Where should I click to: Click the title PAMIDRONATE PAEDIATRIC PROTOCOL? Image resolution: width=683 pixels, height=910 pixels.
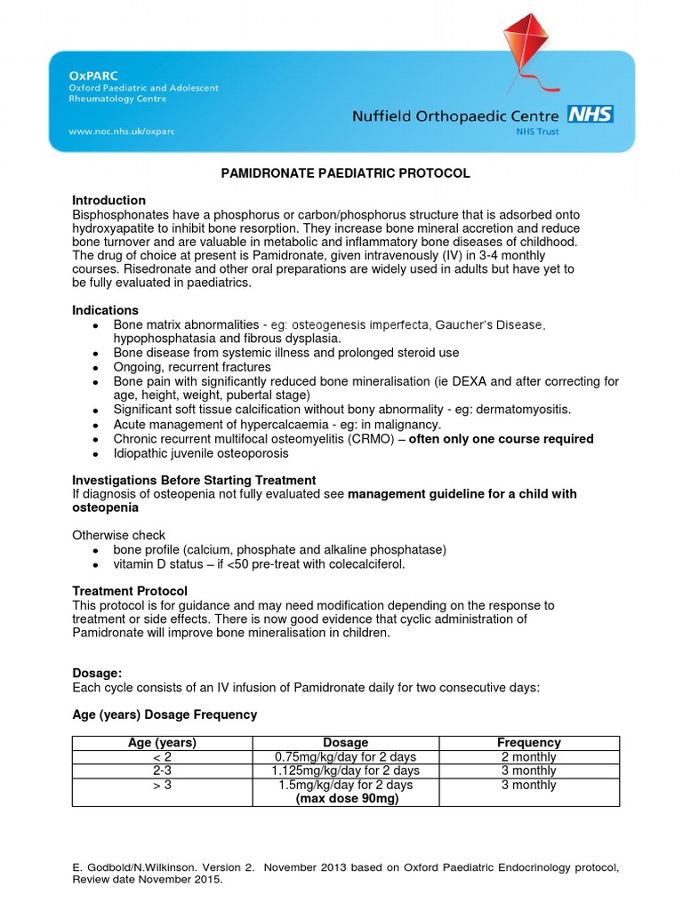click(345, 173)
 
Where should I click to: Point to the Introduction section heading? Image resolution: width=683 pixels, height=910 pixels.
click(108, 200)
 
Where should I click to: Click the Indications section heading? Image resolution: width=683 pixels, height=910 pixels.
click(105, 310)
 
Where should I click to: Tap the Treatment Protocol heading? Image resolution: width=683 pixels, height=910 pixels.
click(129, 591)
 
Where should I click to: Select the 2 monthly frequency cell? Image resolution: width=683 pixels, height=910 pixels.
click(528, 757)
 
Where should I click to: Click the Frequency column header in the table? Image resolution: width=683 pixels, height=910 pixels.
click(528, 743)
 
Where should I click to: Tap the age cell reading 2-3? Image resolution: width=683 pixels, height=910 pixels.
click(163, 770)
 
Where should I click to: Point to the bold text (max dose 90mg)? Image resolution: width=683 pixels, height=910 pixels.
click(346, 798)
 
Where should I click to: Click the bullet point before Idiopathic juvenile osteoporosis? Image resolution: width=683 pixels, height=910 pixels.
click(94, 454)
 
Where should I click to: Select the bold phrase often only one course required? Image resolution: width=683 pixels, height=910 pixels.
click(501, 439)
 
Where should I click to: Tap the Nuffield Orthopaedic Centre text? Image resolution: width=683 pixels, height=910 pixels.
click(455, 116)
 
